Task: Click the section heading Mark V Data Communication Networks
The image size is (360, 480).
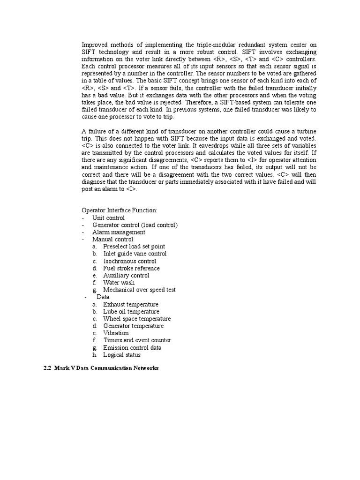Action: pos(100,368)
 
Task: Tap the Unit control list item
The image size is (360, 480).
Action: pos(108,218)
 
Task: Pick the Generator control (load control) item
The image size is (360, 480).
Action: pos(135,225)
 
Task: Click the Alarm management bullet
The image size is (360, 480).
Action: pos(119,232)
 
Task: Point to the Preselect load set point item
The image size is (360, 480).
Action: pos(134,247)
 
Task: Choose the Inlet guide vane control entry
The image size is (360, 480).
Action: pos(135,254)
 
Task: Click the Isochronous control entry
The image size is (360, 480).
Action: pos(129,261)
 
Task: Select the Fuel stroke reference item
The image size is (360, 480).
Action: pos(131,268)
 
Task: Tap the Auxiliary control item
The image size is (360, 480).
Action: pos(126,276)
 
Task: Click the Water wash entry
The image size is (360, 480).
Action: pos(119,283)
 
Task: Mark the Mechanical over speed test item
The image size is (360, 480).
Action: pos(139,290)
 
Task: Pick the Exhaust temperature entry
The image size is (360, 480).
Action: pos(131,304)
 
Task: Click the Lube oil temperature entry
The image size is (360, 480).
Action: pos(131,311)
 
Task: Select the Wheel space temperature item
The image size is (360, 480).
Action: pos(137,319)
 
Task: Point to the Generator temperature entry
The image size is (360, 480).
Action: pos(133,326)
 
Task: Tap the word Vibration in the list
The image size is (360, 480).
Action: pos(116,333)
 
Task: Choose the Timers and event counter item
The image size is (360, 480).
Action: pos(137,340)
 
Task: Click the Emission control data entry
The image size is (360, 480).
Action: pos(132,347)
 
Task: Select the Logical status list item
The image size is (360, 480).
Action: pos(122,355)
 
